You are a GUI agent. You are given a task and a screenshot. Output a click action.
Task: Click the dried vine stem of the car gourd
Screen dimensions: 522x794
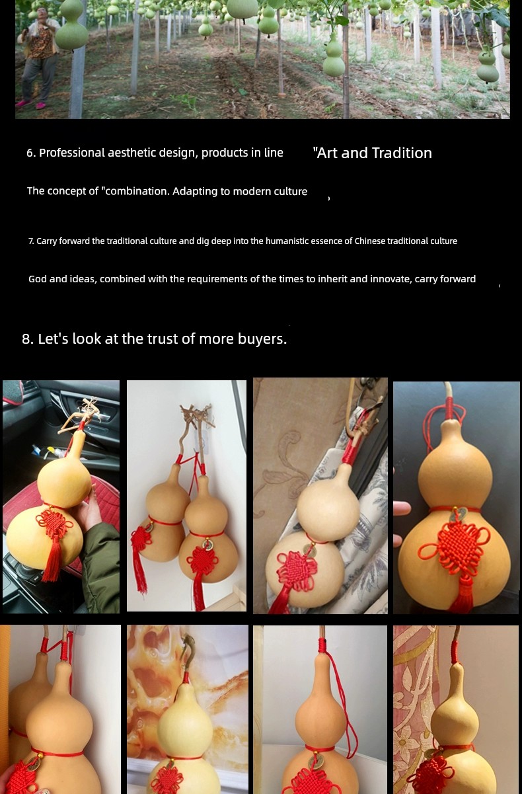coord(85,418)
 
